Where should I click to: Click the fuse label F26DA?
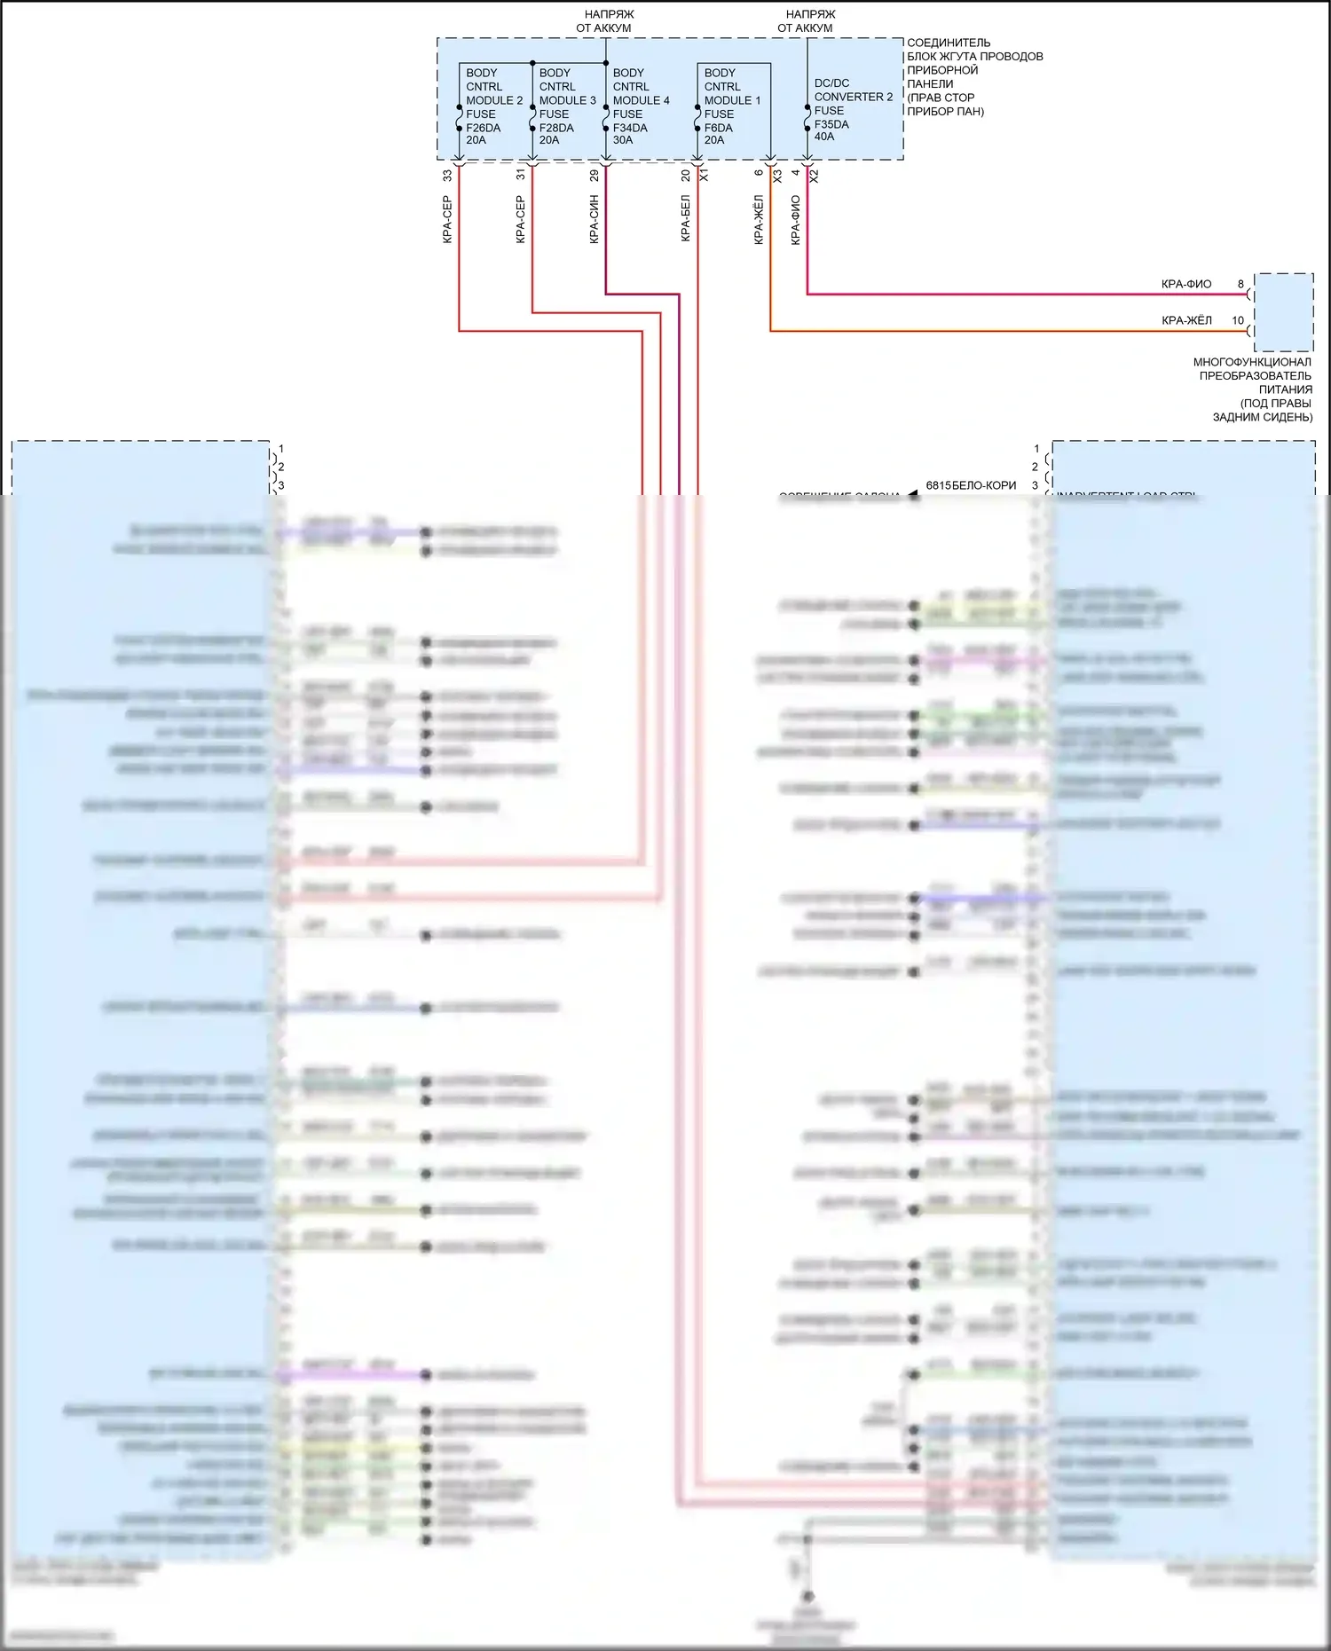click(483, 128)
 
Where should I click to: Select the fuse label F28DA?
click(556, 128)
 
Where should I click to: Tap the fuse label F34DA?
click(630, 128)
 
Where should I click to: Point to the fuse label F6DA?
click(718, 128)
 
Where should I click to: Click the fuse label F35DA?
click(831, 124)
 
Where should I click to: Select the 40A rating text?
click(824, 137)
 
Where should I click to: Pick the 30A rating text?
click(623, 140)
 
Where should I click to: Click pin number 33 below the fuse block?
click(447, 176)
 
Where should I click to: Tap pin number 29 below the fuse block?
click(595, 176)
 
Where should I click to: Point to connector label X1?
click(704, 176)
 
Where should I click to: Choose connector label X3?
click(777, 176)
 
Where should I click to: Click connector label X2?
click(815, 176)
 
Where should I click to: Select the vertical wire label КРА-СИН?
click(595, 219)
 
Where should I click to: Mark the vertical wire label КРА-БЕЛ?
click(685, 218)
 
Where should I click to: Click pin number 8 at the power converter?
click(1240, 284)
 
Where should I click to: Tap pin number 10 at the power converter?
click(1238, 320)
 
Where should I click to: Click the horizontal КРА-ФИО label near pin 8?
click(1185, 284)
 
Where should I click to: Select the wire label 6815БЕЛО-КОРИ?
click(971, 485)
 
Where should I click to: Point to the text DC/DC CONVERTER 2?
click(853, 90)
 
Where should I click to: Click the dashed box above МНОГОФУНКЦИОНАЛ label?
click(1283, 312)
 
